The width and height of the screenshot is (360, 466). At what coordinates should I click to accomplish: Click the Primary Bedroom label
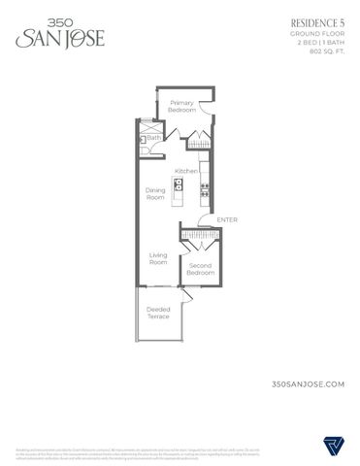tap(182, 106)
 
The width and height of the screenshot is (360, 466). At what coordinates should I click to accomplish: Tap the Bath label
tap(152, 138)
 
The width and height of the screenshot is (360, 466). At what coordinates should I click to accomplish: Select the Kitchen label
tap(186, 171)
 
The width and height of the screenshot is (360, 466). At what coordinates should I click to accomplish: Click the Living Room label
tap(157, 258)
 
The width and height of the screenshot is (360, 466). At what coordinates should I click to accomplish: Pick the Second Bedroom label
tap(200, 269)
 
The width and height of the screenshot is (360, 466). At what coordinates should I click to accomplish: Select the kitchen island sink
tap(180, 184)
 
